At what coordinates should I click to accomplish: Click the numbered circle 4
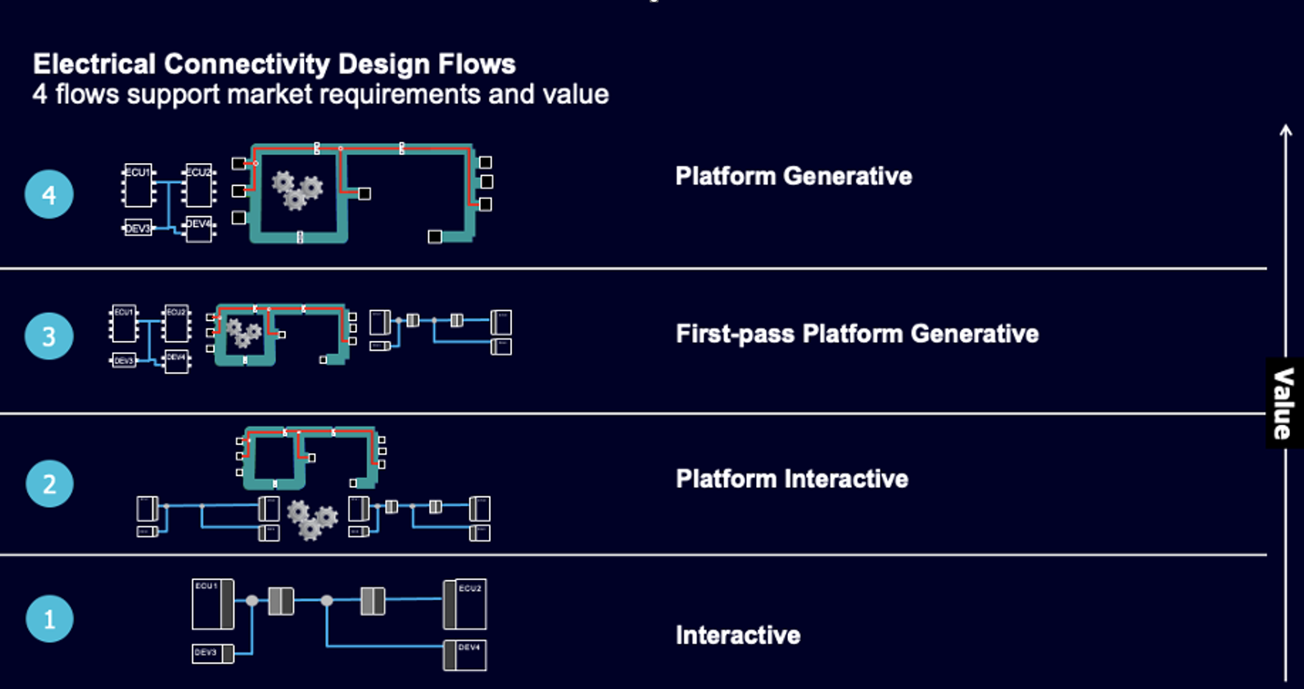coord(49,194)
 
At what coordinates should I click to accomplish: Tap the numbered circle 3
coord(49,336)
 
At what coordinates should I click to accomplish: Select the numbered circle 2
coord(49,483)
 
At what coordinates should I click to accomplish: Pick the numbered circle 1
coord(49,619)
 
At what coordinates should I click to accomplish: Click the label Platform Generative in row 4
coord(793,176)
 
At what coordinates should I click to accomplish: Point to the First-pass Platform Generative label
coord(857,333)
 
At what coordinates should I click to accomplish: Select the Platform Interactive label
coord(791,478)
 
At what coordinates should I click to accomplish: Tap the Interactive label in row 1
coord(737,635)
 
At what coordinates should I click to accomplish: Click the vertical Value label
coord(1284,403)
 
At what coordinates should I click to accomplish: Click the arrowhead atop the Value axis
coord(1286,129)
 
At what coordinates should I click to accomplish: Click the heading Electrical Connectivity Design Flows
coord(274,64)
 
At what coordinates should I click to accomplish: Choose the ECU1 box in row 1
coord(211,604)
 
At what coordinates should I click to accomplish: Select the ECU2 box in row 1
coord(465,604)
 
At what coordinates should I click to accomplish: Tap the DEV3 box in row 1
coord(212,653)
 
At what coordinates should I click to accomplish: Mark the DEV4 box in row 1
coord(465,655)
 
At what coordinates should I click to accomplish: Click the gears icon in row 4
coord(296,190)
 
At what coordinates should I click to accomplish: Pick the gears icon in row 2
coord(311,519)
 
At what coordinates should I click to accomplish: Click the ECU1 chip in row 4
coord(138,185)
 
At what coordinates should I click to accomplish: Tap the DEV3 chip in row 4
coord(138,229)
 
